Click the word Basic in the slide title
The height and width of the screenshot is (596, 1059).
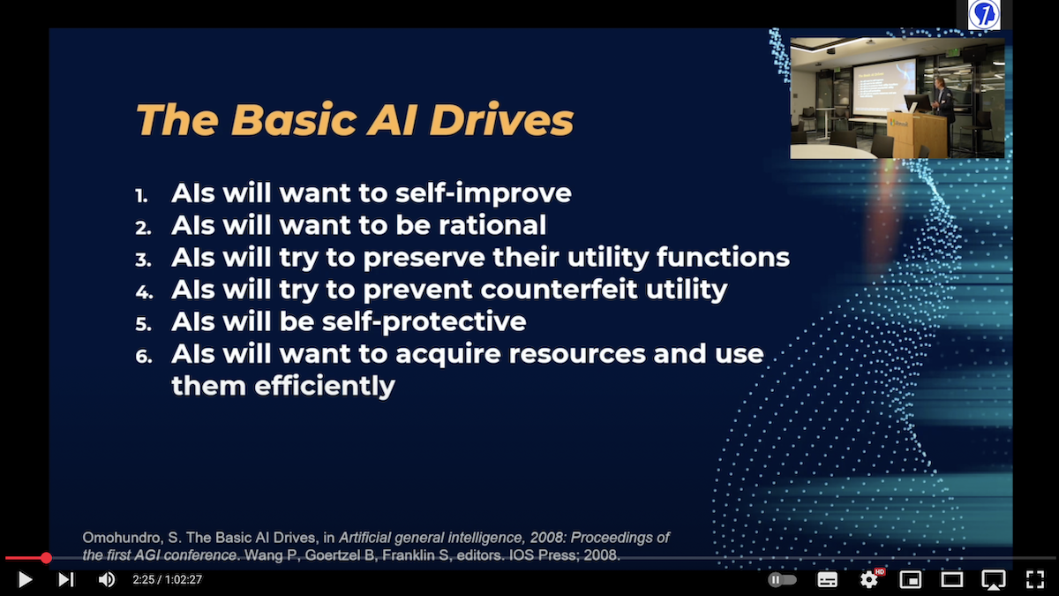294,119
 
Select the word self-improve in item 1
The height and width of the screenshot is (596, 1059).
484,194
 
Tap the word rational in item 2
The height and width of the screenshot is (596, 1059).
492,224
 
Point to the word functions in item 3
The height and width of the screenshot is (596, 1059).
723,257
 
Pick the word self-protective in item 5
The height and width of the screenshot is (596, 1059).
424,322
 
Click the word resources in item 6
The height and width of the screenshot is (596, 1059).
577,354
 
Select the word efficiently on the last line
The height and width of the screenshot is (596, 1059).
325,386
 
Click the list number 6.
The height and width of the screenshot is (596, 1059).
144,357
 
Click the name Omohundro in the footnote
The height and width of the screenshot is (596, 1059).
121,538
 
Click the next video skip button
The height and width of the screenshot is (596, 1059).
65,579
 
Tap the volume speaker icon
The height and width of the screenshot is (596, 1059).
107,579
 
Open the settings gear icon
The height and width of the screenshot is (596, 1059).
869,579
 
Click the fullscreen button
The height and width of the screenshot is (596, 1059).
1035,579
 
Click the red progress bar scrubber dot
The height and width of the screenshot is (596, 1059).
46,558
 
